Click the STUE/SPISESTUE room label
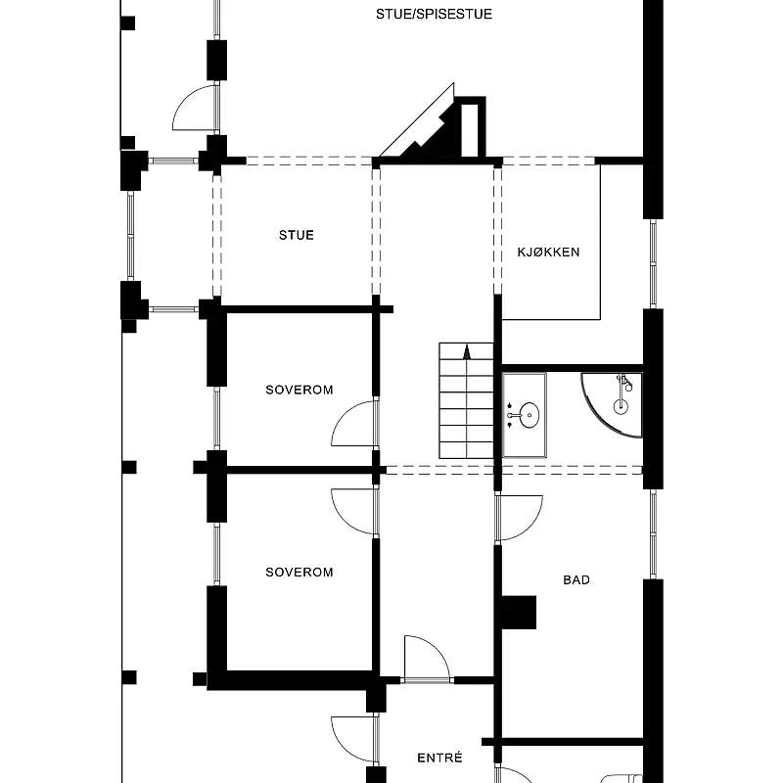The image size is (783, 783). [x=434, y=14]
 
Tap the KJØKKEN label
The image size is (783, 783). [x=548, y=253]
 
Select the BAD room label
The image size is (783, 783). [x=576, y=579]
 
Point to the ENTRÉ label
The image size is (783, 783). [x=439, y=758]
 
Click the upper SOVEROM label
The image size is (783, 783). [x=299, y=390]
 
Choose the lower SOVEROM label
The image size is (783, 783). [x=299, y=572]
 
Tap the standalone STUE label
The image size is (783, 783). [x=297, y=235]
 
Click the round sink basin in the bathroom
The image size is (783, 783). [x=529, y=415]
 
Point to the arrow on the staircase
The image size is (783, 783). [x=467, y=351]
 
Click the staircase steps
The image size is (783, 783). [x=467, y=400]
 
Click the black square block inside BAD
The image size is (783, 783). [x=519, y=613]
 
